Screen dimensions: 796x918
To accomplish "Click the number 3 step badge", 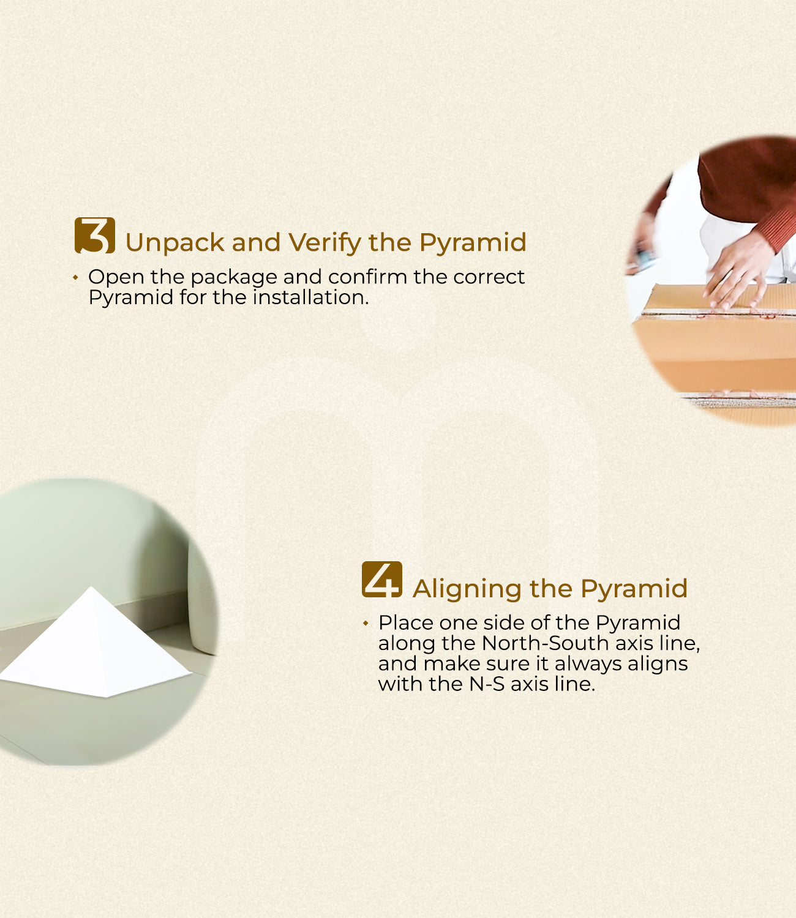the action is point(95,236).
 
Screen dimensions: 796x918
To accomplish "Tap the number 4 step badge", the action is point(382,579).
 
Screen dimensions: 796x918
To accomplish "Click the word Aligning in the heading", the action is point(467,589).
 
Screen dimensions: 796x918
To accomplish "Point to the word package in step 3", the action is point(234,278).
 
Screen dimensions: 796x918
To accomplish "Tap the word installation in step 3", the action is point(310,297).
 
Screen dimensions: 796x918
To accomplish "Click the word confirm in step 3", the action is point(367,277).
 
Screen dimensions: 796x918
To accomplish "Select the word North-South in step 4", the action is point(544,643).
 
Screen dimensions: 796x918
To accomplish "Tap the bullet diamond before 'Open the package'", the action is point(75,278).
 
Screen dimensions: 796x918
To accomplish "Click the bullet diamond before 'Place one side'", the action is point(366,623).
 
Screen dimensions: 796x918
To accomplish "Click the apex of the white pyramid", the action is point(92,587).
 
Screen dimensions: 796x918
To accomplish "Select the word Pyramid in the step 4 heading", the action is point(634,589).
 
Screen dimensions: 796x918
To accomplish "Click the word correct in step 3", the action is point(489,277).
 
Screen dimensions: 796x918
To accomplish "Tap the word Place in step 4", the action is point(406,622).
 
